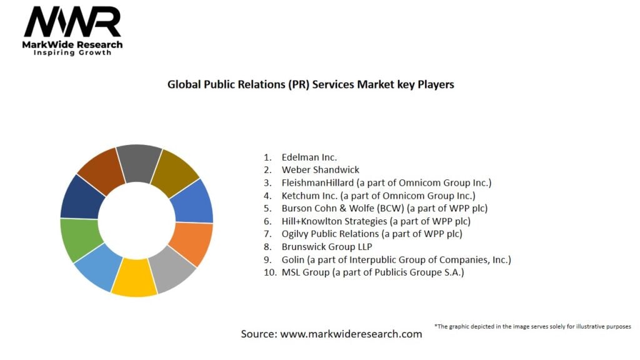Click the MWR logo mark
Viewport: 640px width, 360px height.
tap(72, 23)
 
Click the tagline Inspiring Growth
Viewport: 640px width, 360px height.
tap(72, 53)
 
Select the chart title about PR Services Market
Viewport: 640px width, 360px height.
tap(311, 84)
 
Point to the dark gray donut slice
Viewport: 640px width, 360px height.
tap(139, 161)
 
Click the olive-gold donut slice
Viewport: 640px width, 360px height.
tap(175, 171)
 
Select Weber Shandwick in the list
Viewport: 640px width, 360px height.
tap(320, 170)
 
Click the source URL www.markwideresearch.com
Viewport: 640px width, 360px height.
tap(351, 334)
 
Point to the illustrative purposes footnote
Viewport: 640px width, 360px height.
tap(532, 326)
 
